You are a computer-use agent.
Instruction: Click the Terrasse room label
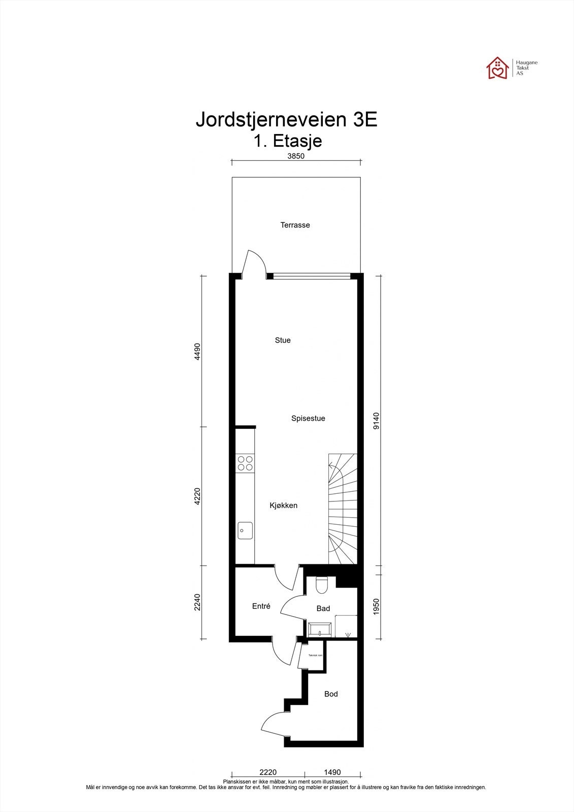pos(295,225)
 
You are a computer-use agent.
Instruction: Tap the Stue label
pos(283,340)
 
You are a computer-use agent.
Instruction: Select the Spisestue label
pos(308,418)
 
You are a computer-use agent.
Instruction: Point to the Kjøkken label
pos(283,505)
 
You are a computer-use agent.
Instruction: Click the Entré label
pos(261,606)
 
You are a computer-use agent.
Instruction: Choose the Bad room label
pos(323,608)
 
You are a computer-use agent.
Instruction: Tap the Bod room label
pos(331,694)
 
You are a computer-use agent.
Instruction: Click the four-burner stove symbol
pos(245,463)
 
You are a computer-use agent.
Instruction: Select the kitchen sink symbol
pos(245,530)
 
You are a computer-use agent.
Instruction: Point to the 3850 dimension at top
pos(296,156)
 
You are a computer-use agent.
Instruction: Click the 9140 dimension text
pos(376,421)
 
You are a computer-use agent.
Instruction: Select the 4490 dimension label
pos(198,351)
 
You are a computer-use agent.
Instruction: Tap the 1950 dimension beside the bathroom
pos(376,607)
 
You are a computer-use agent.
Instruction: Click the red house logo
pos(498,68)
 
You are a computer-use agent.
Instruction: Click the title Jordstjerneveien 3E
pos(286,120)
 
